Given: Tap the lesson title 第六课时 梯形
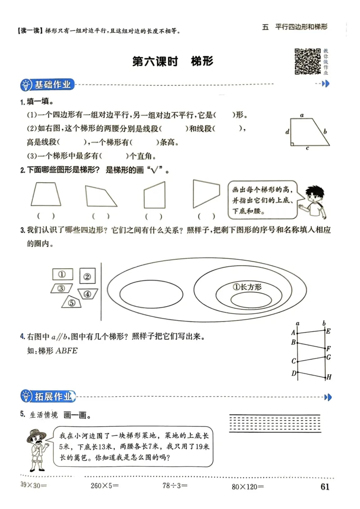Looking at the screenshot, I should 173,62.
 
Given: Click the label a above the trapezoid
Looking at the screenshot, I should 302,115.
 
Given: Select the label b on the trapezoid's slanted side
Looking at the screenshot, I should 325,132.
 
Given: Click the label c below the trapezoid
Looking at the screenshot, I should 307,148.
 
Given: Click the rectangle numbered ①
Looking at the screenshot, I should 63,274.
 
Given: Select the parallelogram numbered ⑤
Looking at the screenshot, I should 71,302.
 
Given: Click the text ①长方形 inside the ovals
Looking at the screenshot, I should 247,287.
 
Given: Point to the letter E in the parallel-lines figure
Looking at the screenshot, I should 328,331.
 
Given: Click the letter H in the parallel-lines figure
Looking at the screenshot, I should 329,377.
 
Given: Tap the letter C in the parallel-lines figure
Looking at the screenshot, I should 293,361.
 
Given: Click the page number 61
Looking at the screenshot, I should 325,487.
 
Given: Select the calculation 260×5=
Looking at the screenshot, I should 104,486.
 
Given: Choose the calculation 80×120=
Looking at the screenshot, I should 247,486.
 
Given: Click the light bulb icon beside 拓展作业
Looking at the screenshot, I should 27,396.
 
